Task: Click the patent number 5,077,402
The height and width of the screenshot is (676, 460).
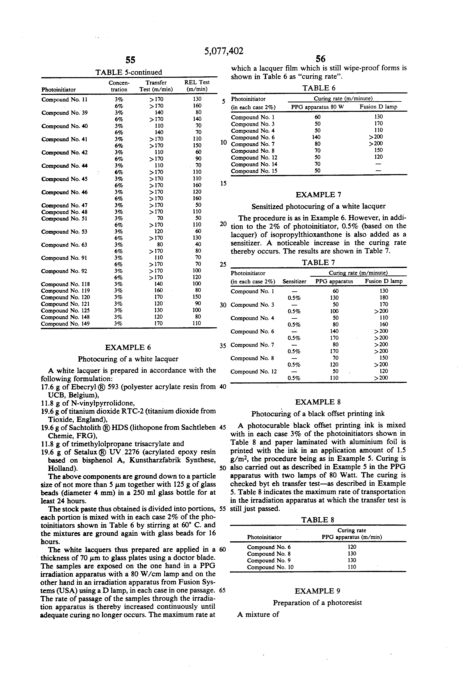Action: pyautogui.click(x=224, y=51)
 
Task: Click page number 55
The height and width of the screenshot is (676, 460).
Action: pyautogui.click(x=130, y=60)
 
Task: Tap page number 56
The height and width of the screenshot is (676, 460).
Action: pyautogui.click(x=320, y=59)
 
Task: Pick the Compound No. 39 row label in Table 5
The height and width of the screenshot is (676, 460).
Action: pyautogui.click(x=65, y=113)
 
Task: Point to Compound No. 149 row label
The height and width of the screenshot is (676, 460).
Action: pyautogui.click(x=65, y=324)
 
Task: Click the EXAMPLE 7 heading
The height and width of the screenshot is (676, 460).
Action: pyautogui.click(x=318, y=195)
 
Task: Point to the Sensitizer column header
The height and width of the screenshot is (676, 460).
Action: pyautogui.click(x=294, y=281)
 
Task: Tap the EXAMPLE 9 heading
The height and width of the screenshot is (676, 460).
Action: pyautogui.click(x=317, y=591)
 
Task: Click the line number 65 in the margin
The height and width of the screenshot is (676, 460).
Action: pyautogui.click(x=222, y=591)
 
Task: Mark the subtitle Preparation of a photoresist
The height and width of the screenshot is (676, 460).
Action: pyautogui.click(x=317, y=603)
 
